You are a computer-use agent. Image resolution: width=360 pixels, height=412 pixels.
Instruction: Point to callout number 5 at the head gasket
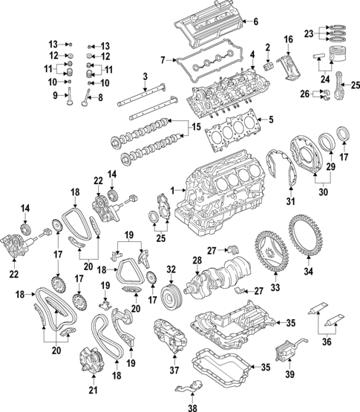(272, 120)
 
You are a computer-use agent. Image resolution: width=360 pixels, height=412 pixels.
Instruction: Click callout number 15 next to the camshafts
(196, 128)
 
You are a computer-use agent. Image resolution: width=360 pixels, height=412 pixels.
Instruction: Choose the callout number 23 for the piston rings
(309, 33)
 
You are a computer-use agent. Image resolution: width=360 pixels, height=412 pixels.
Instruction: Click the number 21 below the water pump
(94, 390)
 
